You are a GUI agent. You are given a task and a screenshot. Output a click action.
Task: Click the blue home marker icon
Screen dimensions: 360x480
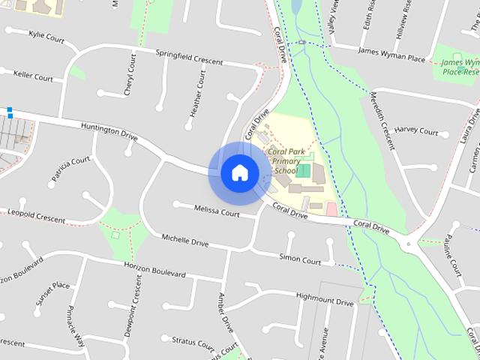239,172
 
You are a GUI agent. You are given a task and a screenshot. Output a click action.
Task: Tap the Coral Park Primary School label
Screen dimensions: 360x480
286,160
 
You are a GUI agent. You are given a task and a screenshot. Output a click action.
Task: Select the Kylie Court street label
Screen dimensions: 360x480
46,35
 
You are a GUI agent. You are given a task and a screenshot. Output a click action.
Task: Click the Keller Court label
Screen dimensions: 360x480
33,76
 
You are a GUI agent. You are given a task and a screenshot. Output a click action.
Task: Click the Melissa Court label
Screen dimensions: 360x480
216,211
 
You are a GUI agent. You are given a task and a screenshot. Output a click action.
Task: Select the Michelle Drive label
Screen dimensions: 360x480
185,241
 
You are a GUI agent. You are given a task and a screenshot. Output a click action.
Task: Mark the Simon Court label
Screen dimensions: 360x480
300,260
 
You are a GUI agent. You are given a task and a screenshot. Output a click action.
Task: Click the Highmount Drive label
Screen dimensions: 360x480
324,301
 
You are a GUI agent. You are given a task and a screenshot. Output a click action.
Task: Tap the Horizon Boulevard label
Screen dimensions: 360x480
154,270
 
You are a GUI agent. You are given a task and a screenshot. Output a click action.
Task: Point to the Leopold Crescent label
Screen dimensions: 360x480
37,217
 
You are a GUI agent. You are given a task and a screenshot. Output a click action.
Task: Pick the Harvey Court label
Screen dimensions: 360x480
415,131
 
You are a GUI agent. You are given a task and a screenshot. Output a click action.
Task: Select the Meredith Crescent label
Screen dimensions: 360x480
382,119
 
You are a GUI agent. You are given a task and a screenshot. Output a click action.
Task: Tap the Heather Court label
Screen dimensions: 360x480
197,94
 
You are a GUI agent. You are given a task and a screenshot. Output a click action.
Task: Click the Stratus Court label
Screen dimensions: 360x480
193,342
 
